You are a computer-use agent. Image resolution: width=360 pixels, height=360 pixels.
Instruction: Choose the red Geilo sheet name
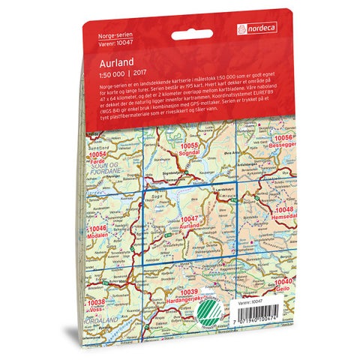(283, 286)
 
